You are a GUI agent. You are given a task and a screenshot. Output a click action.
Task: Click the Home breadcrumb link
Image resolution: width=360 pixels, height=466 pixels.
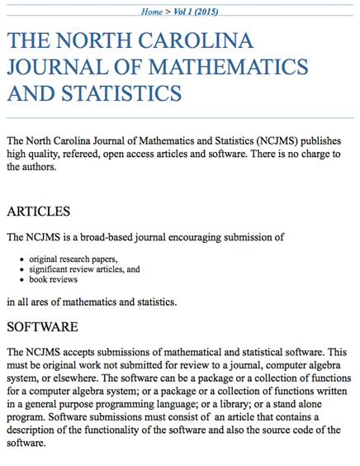pyautogui.click(x=151, y=12)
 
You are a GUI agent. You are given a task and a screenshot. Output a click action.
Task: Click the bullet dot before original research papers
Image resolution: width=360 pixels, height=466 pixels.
pyautogui.click(x=21, y=259)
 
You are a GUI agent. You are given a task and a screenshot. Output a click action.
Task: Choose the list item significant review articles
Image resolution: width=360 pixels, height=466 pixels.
pyautogui.click(x=72, y=269)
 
